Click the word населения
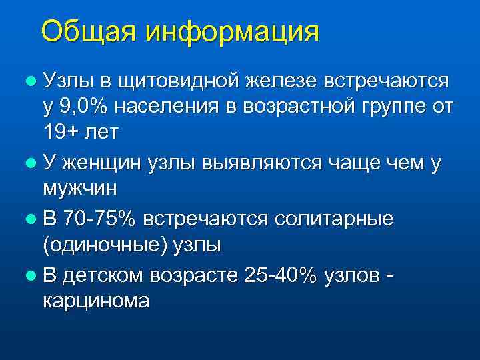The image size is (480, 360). tap(167, 106)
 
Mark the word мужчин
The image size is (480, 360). tap(79, 187)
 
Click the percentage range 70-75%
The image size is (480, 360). tap(99, 219)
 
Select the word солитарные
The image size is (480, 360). tap(337, 219)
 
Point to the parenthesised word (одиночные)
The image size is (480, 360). tap(107, 244)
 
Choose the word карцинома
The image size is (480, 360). tap(96, 300)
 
